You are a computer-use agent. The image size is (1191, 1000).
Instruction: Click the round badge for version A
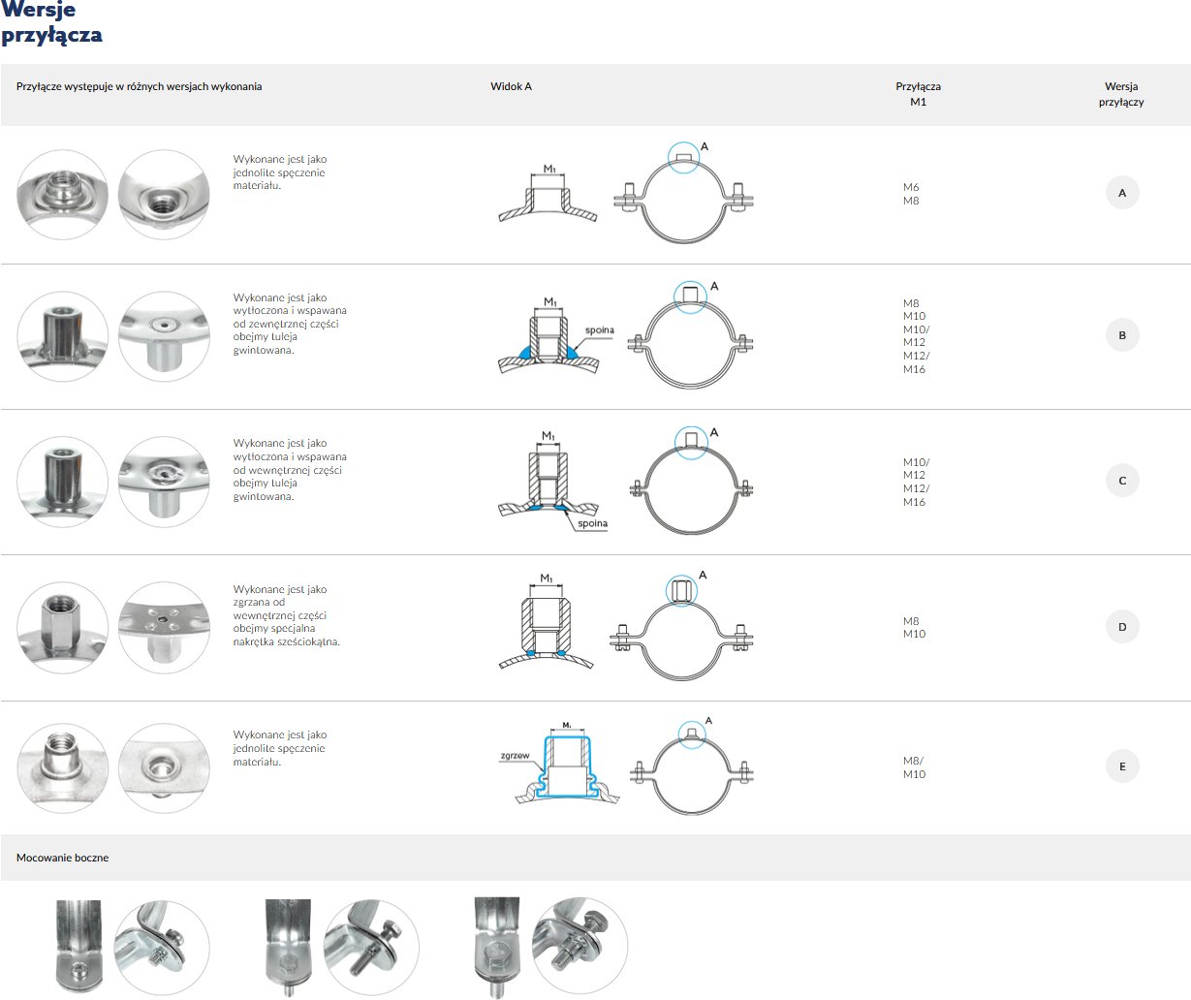pyautogui.click(x=1122, y=193)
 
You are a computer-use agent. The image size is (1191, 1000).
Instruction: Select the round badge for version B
pyautogui.click(x=1122, y=335)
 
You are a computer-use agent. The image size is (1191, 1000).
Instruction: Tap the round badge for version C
pyautogui.click(x=1122, y=481)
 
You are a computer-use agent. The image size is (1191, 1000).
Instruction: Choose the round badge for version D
pyautogui.click(x=1122, y=626)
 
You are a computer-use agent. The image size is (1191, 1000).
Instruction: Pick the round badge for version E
pyautogui.click(x=1122, y=766)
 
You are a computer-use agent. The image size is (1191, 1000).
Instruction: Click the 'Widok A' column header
pyautogui.click(x=511, y=86)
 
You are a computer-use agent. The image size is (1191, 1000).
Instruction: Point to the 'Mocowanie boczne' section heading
pyautogui.click(x=62, y=858)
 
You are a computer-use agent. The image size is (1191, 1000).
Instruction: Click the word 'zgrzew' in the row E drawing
pyautogui.click(x=516, y=755)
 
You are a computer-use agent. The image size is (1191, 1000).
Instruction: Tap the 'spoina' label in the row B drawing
pyautogui.click(x=600, y=329)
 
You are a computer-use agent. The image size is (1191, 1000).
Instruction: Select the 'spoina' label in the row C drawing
pyautogui.click(x=593, y=523)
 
